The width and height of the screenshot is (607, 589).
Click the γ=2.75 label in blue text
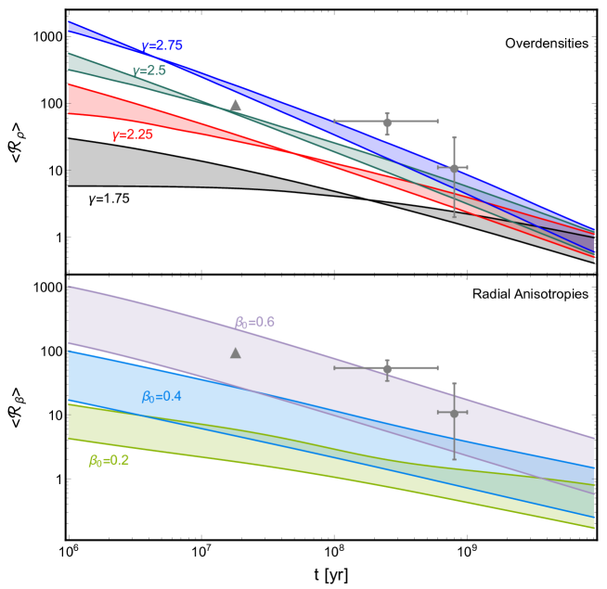coord(161,46)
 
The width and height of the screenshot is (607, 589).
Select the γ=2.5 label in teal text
coord(149,70)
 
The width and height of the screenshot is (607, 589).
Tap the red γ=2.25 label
coord(133,134)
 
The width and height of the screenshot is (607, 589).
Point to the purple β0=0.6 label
coord(254,323)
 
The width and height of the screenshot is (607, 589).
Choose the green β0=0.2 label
coord(109,461)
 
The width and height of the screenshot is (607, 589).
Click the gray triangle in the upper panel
coord(236,106)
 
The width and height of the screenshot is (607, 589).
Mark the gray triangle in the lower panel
coord(236,352)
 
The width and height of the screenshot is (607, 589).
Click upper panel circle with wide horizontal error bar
coord(387,122)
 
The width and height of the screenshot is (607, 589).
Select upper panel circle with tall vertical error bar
coord(454,168)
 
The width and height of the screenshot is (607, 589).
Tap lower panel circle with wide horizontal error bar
coord(387,368)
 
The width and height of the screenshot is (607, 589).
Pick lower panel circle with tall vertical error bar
coord(454,413)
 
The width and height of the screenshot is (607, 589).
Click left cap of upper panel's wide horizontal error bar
coord(334,122)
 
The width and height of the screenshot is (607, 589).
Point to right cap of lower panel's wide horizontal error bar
coord(437,368)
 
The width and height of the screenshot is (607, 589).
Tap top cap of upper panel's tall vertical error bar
coord(454,137)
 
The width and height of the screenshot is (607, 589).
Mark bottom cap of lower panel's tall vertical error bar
coord(454,459)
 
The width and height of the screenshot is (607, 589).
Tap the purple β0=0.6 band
coord(139,325)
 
